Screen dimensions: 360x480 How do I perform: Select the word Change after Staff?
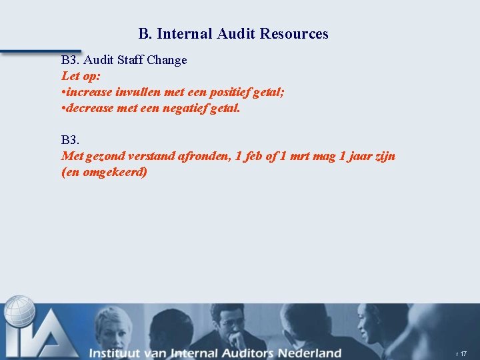[167, 60]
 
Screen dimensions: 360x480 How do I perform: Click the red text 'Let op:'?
[81, 76]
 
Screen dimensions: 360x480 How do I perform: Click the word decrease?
[91, 108]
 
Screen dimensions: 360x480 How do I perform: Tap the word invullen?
[138, 92]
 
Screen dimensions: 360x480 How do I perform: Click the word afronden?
[209, 157]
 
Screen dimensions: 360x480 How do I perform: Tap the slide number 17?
[463, 353]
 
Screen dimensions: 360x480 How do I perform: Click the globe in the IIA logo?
[20, 312]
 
